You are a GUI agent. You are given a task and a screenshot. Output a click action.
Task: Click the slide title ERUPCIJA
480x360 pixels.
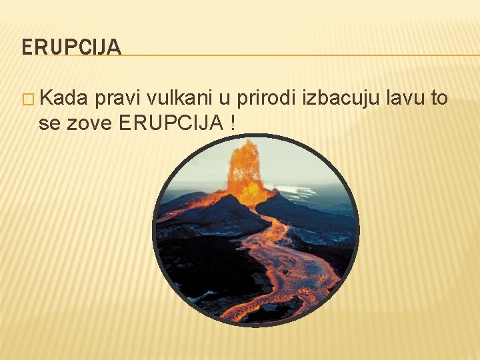71,47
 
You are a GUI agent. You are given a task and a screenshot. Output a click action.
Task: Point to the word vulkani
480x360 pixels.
177,99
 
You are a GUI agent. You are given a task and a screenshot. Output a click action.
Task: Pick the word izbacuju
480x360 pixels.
340,99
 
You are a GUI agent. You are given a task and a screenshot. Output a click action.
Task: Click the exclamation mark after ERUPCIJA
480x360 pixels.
232,123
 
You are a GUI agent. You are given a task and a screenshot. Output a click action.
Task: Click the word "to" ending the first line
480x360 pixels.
439,99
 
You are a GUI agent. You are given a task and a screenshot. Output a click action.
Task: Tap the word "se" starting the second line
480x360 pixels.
49,123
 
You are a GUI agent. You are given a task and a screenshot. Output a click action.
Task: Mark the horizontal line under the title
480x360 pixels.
300,55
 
